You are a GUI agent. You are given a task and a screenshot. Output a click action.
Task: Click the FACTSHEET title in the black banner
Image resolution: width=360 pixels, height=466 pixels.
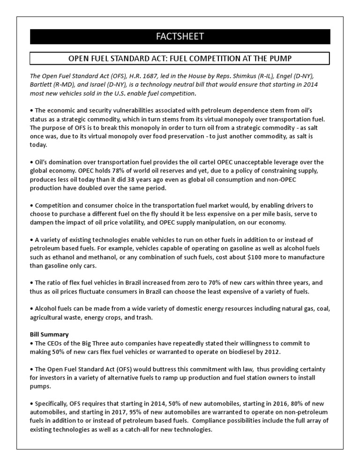click(180, 37)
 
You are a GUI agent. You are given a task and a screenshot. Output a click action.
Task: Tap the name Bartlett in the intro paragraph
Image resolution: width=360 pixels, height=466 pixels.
click(43, 85)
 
